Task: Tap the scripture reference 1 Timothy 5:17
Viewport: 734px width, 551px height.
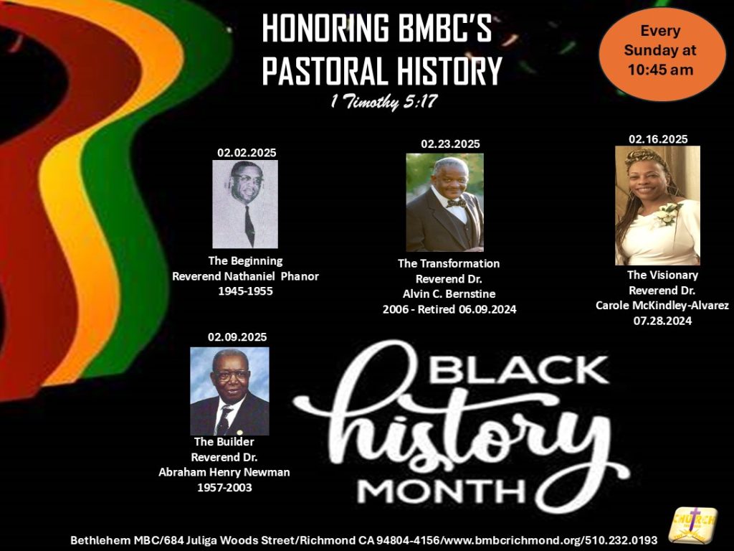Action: (x=383, y=103)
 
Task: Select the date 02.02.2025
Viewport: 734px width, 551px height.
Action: (x=247, y=153)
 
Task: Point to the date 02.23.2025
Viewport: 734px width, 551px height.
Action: (x=450, y=144)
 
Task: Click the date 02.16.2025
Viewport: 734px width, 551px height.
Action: (x=658, y=139)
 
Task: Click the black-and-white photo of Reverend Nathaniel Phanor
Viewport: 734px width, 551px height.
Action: (x=245, y=204)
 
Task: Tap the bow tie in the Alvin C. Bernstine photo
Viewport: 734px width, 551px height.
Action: (x=456, y=203)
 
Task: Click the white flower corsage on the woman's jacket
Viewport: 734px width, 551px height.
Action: (x=669, y=214)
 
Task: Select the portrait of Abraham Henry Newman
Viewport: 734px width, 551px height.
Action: (x=229, y=391)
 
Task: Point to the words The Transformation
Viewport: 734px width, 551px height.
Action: (x=449, y=263)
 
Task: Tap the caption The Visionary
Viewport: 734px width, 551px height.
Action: (x=662, y=275)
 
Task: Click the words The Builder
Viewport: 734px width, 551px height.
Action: (x=224, y=442)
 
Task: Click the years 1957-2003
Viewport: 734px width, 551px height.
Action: (x=224, y=488)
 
